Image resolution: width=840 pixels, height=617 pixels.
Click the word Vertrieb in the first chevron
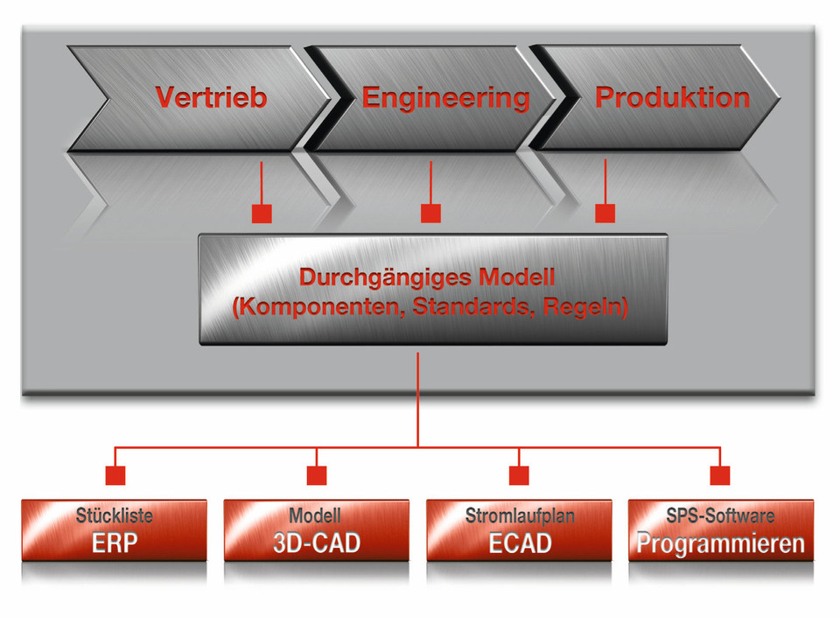pos(211,97)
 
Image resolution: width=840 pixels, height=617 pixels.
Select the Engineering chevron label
pos(445,97)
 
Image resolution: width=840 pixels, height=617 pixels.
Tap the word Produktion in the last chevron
pos(672,97)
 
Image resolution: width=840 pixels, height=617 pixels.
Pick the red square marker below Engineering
pos(430,213)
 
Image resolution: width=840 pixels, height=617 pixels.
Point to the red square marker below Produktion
pos(605,213)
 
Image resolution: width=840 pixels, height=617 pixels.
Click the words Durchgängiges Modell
pos(427,278)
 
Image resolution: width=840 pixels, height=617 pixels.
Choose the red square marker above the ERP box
pos(115,475)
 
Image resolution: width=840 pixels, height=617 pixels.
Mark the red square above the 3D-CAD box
pos(317,475)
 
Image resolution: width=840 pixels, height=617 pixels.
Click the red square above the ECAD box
pos(520,475)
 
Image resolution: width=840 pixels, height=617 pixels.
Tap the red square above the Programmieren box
pos(720,475)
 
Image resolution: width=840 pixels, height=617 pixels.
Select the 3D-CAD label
pos(316,543)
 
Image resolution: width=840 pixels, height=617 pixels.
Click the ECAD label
pos(520,543)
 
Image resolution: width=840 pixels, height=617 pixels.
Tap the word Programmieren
pos(720,543)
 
